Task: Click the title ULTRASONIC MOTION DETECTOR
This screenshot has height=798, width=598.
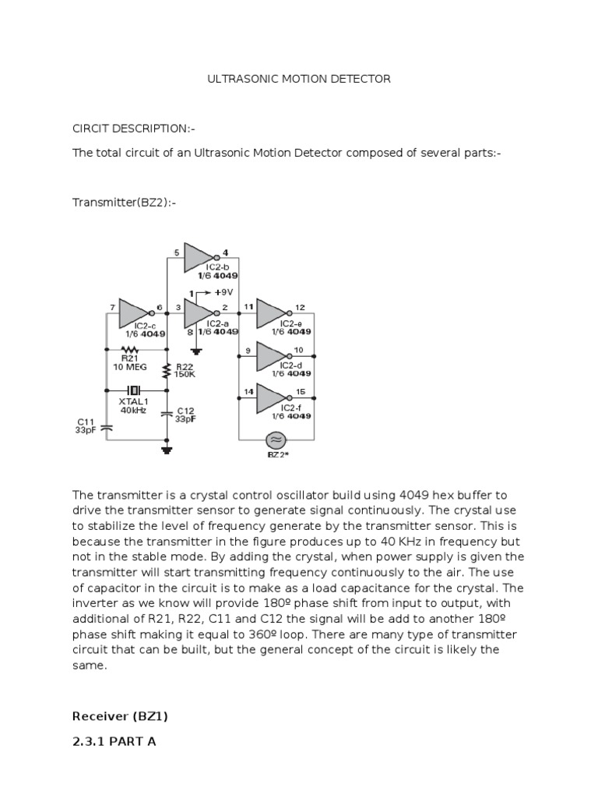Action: coord(299,79)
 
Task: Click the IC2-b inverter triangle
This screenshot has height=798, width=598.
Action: coord(198,260)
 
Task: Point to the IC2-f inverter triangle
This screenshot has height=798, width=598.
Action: coord(272,397)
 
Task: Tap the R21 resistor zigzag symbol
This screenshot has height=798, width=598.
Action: coord(129,350)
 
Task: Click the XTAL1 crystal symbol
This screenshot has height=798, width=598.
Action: coord(134,390)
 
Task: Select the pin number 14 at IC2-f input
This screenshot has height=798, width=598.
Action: coord(248,390)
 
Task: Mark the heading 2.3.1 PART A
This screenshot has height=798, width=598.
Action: coord(114,741)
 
